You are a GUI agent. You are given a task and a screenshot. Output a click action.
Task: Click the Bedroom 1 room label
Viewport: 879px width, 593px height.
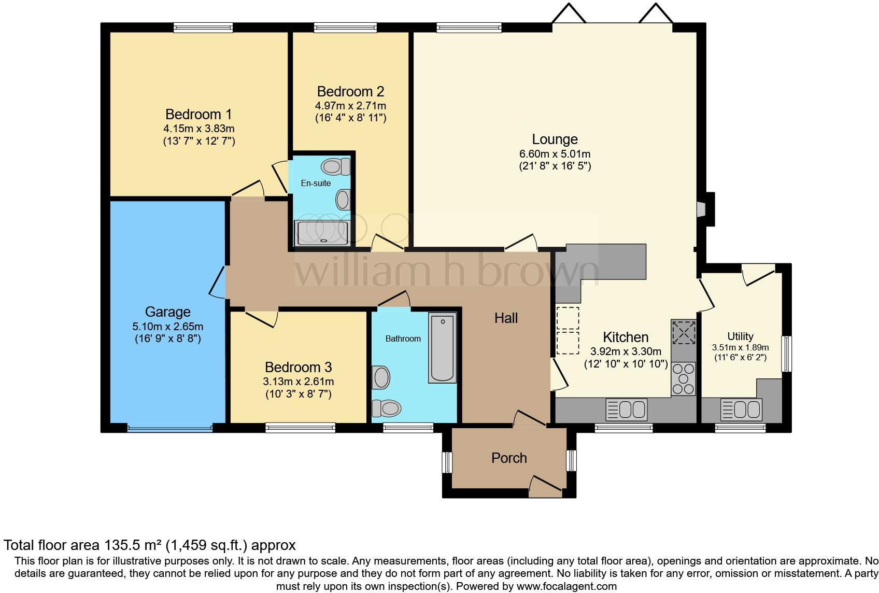click(199, 114)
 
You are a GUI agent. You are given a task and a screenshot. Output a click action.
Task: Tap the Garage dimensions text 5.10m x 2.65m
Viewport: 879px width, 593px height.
click(167, 327)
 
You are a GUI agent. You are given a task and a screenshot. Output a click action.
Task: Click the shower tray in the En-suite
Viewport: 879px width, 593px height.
click(321, 233)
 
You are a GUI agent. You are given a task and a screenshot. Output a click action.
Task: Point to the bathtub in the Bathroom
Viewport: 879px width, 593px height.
click(442, 348)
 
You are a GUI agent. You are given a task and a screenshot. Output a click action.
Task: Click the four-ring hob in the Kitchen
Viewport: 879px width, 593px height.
click(683, 378)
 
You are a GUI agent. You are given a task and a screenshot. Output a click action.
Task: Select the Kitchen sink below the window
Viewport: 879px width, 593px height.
click(627, 410)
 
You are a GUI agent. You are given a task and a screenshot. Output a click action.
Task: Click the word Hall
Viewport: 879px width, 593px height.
click(506, 318)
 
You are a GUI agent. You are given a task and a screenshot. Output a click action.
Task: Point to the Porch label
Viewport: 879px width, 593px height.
click(509, 458)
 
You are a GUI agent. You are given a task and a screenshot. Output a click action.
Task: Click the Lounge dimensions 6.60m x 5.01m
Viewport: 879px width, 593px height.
click(555, 154)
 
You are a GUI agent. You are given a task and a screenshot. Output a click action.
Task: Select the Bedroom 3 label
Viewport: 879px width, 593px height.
click(298, 368)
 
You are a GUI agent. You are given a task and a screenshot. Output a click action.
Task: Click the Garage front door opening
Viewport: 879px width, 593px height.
click(169, 429)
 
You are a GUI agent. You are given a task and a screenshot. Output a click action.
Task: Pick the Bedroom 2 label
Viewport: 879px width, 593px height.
click(350, 92)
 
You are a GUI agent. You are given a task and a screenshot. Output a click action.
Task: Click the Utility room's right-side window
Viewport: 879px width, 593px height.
click(786, 354)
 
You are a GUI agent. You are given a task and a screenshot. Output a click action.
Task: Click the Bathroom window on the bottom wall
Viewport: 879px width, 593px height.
click(408, 428)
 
